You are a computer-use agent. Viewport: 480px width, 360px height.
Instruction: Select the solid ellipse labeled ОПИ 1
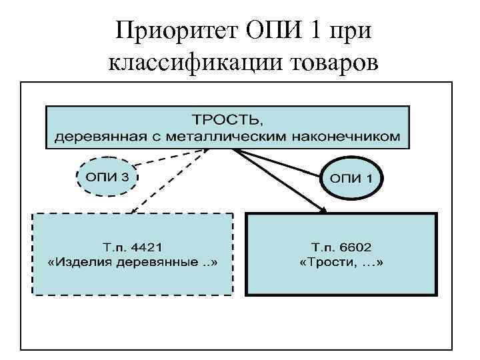coord(353,179)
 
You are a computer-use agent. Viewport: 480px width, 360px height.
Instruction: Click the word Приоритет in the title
coord(169,30)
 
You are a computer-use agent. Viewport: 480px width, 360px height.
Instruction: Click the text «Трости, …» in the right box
coord(341,262)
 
